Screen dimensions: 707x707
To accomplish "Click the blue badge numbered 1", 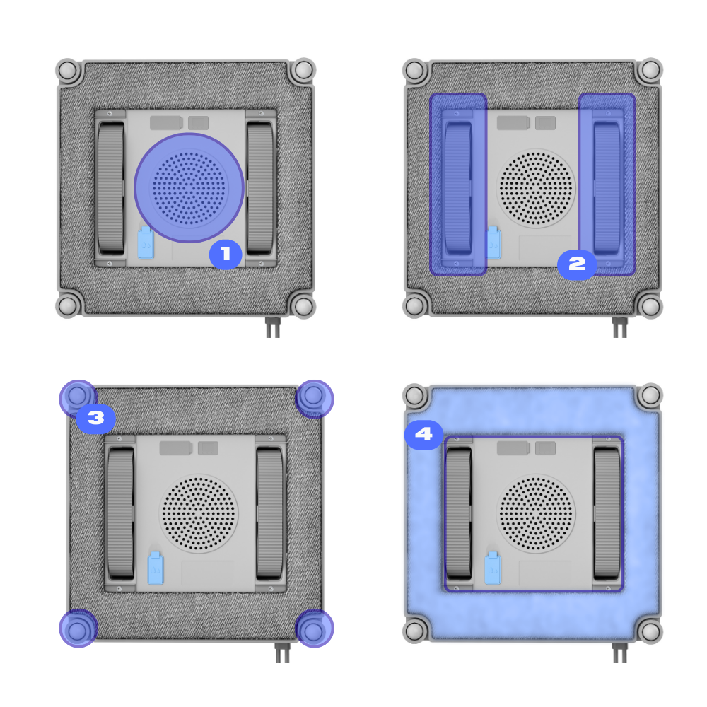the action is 226,255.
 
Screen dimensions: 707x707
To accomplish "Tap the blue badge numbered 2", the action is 577,264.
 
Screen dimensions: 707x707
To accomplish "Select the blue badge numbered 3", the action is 95,418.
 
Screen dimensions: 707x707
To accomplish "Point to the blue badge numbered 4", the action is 423,434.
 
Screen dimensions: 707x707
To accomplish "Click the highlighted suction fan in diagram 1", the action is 189,187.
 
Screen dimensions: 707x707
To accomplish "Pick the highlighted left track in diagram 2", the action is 458,184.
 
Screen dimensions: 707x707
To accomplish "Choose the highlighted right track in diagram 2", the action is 607,184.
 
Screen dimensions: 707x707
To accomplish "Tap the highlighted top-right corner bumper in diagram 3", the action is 315,399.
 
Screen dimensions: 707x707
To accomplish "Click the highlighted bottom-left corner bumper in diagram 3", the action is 78,628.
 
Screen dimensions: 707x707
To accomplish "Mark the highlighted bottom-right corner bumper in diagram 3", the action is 315,628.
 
